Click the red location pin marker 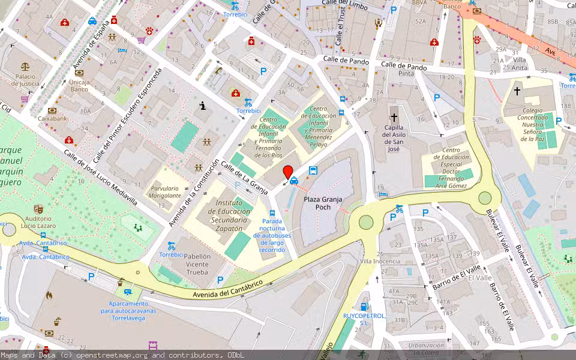click(287, 172)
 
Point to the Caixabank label click(52, 119)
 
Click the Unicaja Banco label click(80, 86)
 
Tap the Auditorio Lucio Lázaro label click(38, 222)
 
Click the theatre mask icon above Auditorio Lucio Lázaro click(38, 209)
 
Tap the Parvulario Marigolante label click(166, 191)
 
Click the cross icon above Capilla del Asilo click(394, 118)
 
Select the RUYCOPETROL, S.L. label click(364, 319)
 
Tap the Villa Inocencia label click(380, 262)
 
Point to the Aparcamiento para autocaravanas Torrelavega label click(128, 311)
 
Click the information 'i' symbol click(203, 106)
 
